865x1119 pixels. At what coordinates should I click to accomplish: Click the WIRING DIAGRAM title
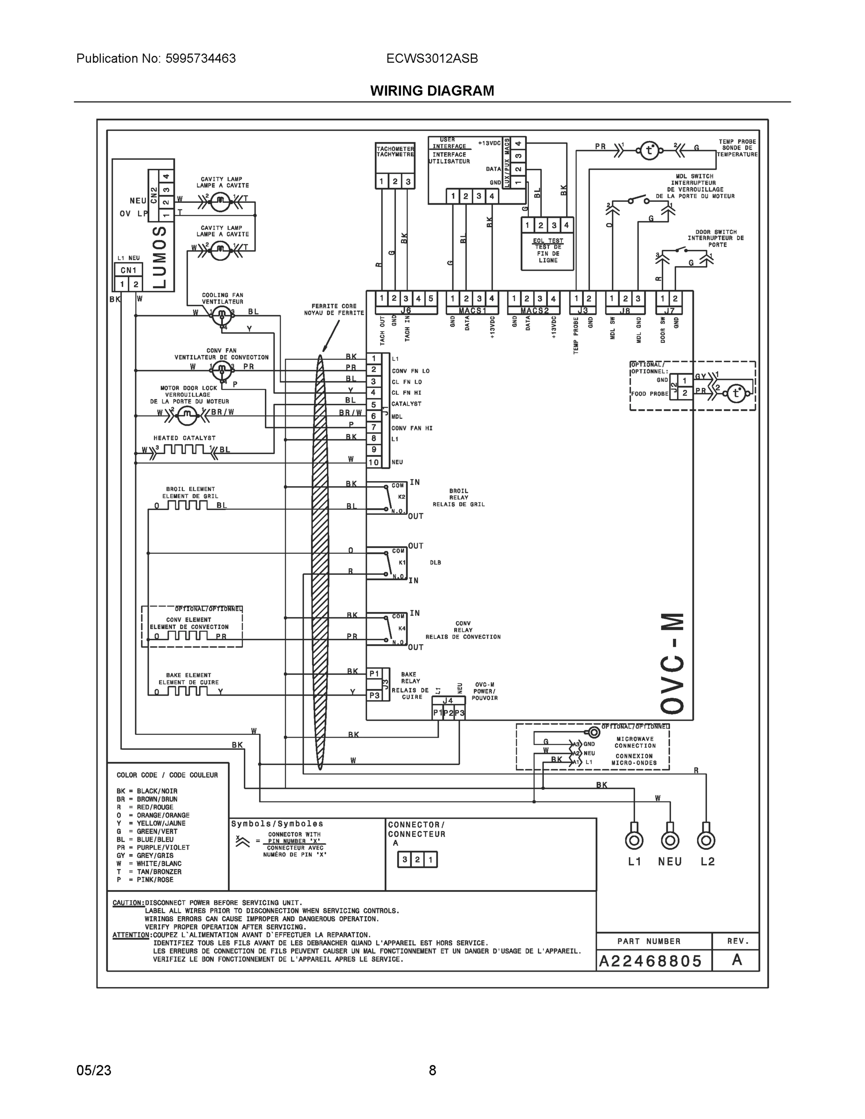[432, 91]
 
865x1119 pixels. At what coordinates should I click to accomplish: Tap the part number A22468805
[650, 961]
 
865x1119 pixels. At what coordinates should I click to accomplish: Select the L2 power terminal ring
[706, 840]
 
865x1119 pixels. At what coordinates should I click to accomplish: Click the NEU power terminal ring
[670, 840]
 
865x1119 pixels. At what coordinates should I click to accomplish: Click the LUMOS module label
[160, 257]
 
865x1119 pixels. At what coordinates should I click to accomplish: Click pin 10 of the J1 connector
[374, 462]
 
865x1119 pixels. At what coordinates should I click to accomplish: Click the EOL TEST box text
[548, 250]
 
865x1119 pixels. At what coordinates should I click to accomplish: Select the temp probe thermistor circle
[649, 151]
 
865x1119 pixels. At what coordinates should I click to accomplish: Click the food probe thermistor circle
[736, 393]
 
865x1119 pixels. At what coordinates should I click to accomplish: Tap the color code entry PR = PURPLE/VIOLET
[152, 848]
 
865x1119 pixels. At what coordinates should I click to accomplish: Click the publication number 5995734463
[201, 58]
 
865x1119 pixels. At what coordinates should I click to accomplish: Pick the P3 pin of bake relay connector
[374, 695]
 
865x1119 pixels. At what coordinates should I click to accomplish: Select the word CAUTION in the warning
[128, 903]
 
